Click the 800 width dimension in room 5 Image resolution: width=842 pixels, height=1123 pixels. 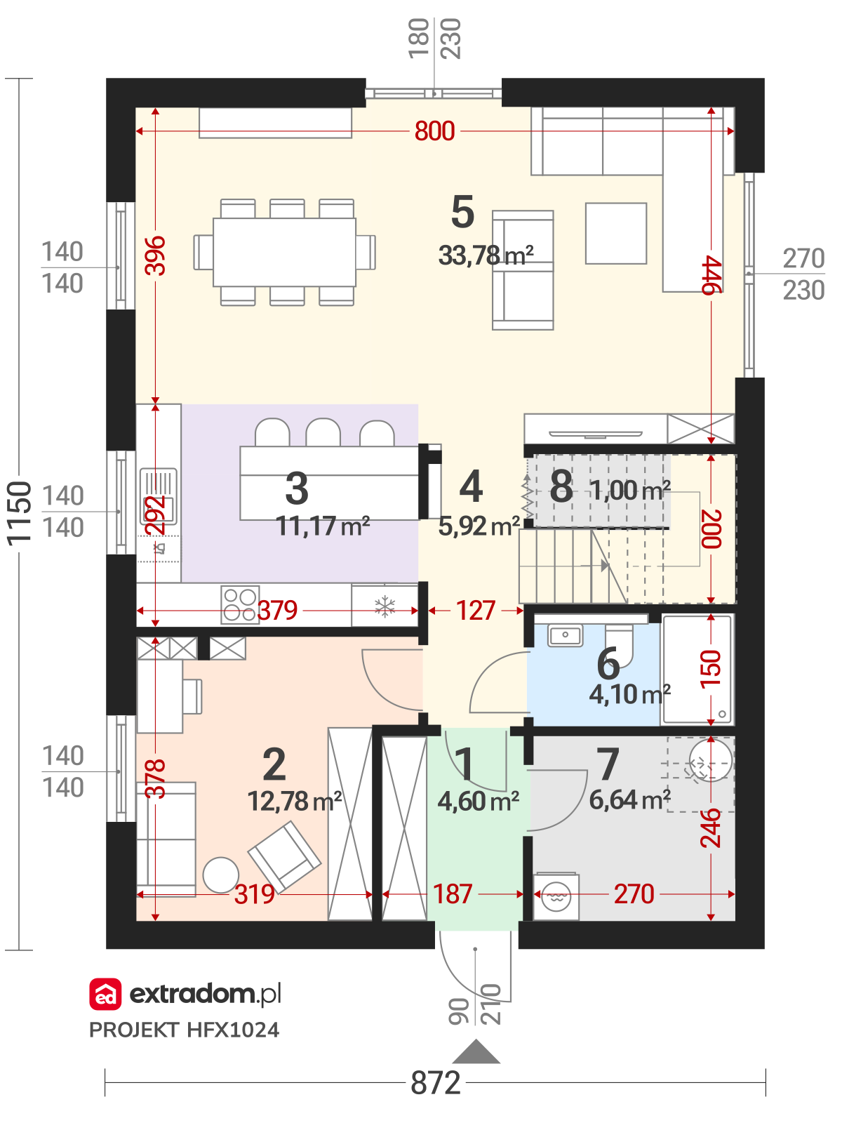coord(434,131)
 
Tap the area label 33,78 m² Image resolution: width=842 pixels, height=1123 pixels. coord(486,255)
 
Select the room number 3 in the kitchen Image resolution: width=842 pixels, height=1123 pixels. coord(297,488)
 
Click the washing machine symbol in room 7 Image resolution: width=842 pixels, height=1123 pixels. coord(556,897)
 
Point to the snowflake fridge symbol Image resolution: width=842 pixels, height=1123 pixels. coord(385,607)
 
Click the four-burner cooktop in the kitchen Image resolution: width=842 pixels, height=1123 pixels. coord(240,605)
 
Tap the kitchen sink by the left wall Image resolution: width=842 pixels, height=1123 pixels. coord(159,496)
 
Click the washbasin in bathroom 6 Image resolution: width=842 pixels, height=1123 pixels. coord(565,635)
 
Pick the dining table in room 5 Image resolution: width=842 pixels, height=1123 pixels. coord(284,252)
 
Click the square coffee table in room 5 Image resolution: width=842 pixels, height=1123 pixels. coord(616,233)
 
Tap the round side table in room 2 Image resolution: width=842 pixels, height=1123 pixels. coord(221,875)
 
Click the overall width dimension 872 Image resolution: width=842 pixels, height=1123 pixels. coord(436,1082)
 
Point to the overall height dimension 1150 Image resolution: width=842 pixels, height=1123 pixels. coord(20,513)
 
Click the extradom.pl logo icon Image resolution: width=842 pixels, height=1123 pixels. coord(105,994)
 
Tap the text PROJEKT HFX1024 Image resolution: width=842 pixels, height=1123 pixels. coord(184,1030)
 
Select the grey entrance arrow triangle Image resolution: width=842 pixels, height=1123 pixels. coord(476,1051)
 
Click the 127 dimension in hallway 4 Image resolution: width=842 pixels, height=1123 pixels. coord(476,611)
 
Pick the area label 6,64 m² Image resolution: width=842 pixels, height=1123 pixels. coord(630,799)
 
